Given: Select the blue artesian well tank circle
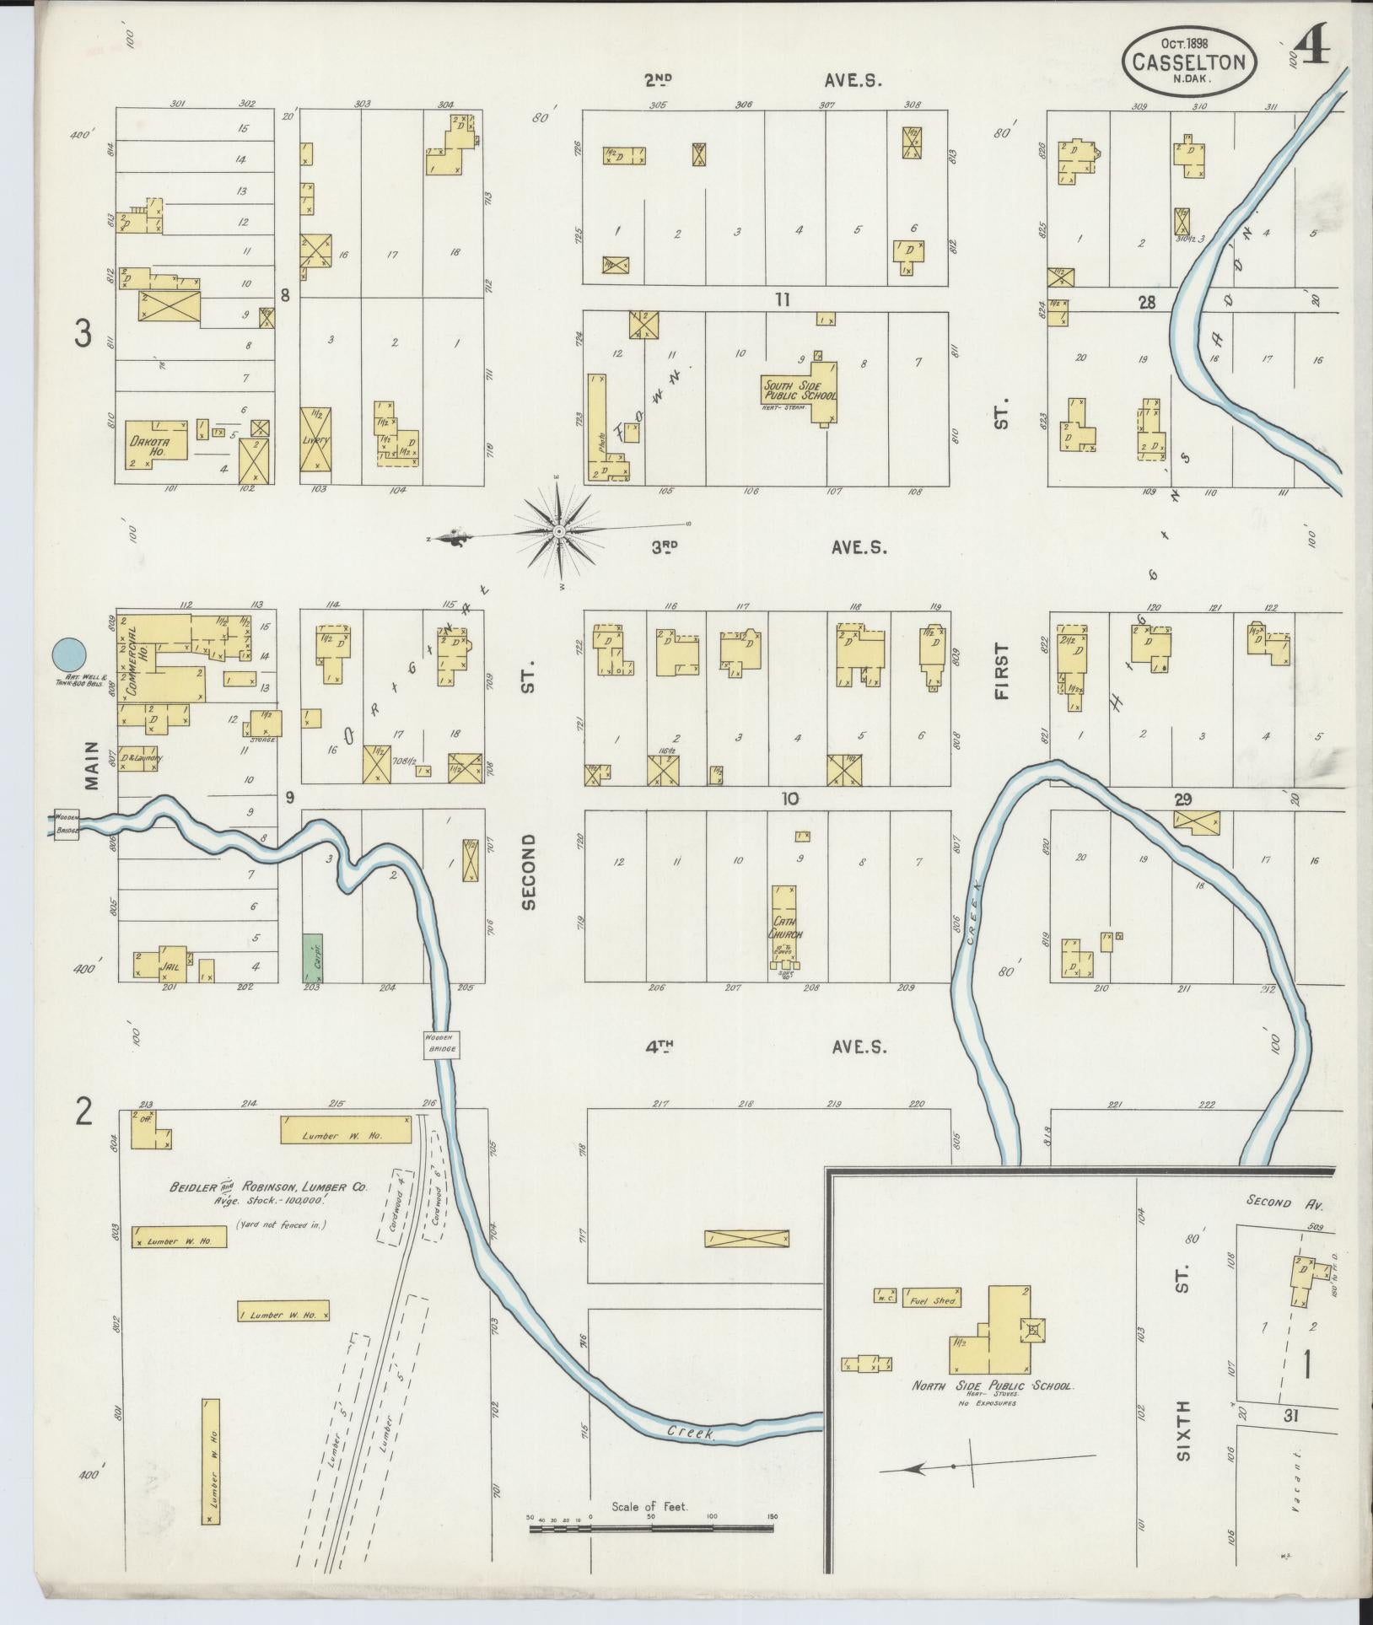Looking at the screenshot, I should [x=68, y=654].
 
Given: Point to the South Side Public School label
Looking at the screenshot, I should [x=800, y=391].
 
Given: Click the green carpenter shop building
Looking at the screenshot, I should [x=314, y=956].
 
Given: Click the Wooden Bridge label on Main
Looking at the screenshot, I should [x=67, y=824].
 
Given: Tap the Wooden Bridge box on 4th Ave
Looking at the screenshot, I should [x=440, y=1044].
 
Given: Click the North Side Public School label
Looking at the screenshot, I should [x=992, y=1386].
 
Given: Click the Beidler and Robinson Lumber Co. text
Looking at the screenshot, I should [x=269, y=1186].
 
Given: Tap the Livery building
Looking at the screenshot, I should [x=315, y=439].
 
